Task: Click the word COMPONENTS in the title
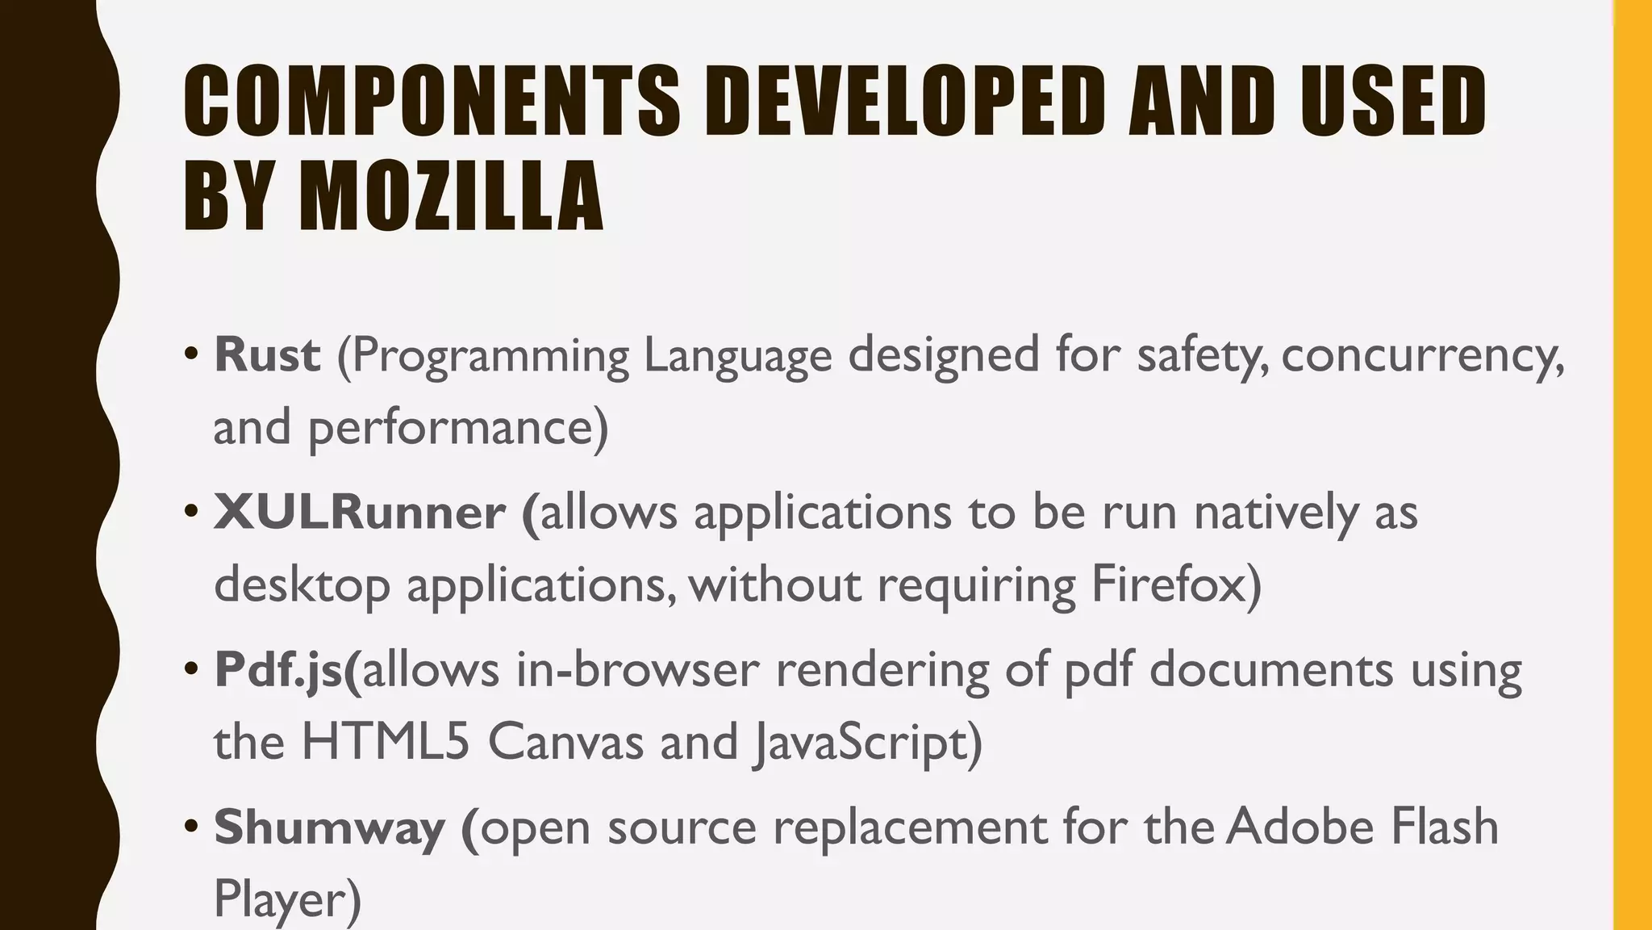tap(432, 101)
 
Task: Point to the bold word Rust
tap(267, 354)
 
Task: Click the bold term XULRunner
tap(360, 512)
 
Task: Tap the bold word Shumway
tap(330, 827)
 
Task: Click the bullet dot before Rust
tap(191, 354)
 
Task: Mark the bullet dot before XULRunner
tap(191, 512)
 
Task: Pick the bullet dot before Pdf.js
tap(191, 669)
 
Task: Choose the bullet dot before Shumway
tap(191, 827)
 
